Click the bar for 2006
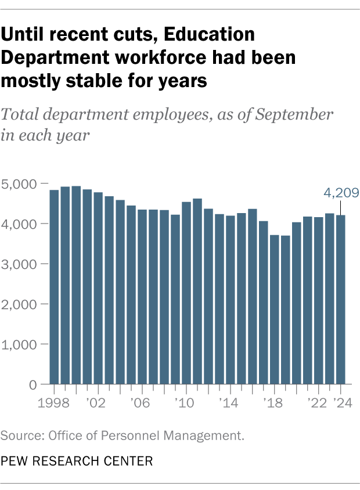142,297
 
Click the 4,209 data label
340,193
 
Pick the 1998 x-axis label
54,402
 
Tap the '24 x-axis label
341,402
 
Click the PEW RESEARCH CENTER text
77,462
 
